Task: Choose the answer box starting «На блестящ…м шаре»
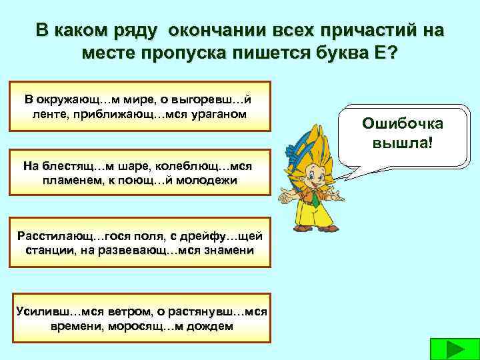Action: click(140, 173)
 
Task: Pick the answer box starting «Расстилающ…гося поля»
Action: click(140, 242)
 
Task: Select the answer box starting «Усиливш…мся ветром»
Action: click(140, 319)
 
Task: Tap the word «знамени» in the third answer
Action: click(226, 249)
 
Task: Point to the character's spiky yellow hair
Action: click(313, 140)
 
